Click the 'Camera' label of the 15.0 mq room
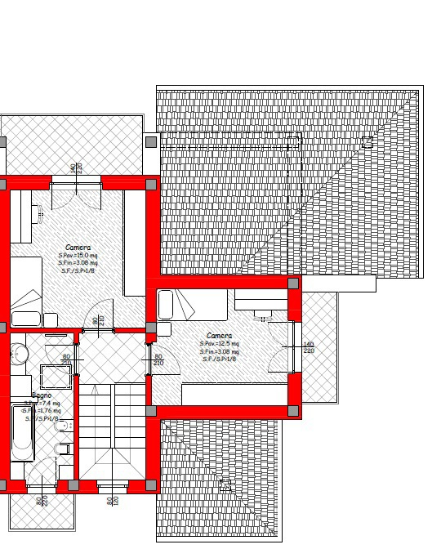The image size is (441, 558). [x=78, y=247]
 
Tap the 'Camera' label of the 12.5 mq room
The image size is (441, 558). [x=219, y=336]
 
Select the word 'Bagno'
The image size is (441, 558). [x=42, y=395]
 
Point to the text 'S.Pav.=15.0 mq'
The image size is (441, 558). [x=78, y=256]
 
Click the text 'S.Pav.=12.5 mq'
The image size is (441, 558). [x=219, y=344]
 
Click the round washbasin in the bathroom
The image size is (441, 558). [x=20, y=354]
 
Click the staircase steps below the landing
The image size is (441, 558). [x=112, y=433]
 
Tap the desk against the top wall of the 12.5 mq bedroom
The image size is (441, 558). [x=261, y=300]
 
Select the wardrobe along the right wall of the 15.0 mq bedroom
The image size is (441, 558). [x=134, y=243]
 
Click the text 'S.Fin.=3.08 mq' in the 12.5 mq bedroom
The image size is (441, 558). [x=219, y=351]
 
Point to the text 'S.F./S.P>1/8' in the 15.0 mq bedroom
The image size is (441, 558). [x=78, y=270]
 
